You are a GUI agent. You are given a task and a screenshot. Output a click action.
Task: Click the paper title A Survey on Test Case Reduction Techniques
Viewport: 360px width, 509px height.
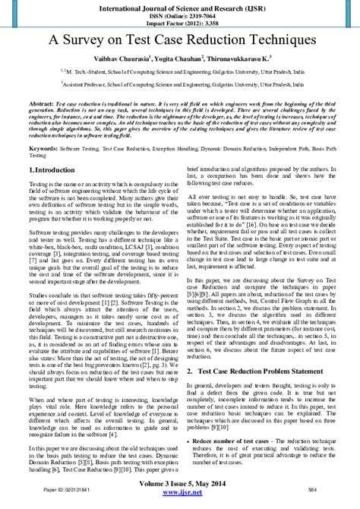coord(180,43)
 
